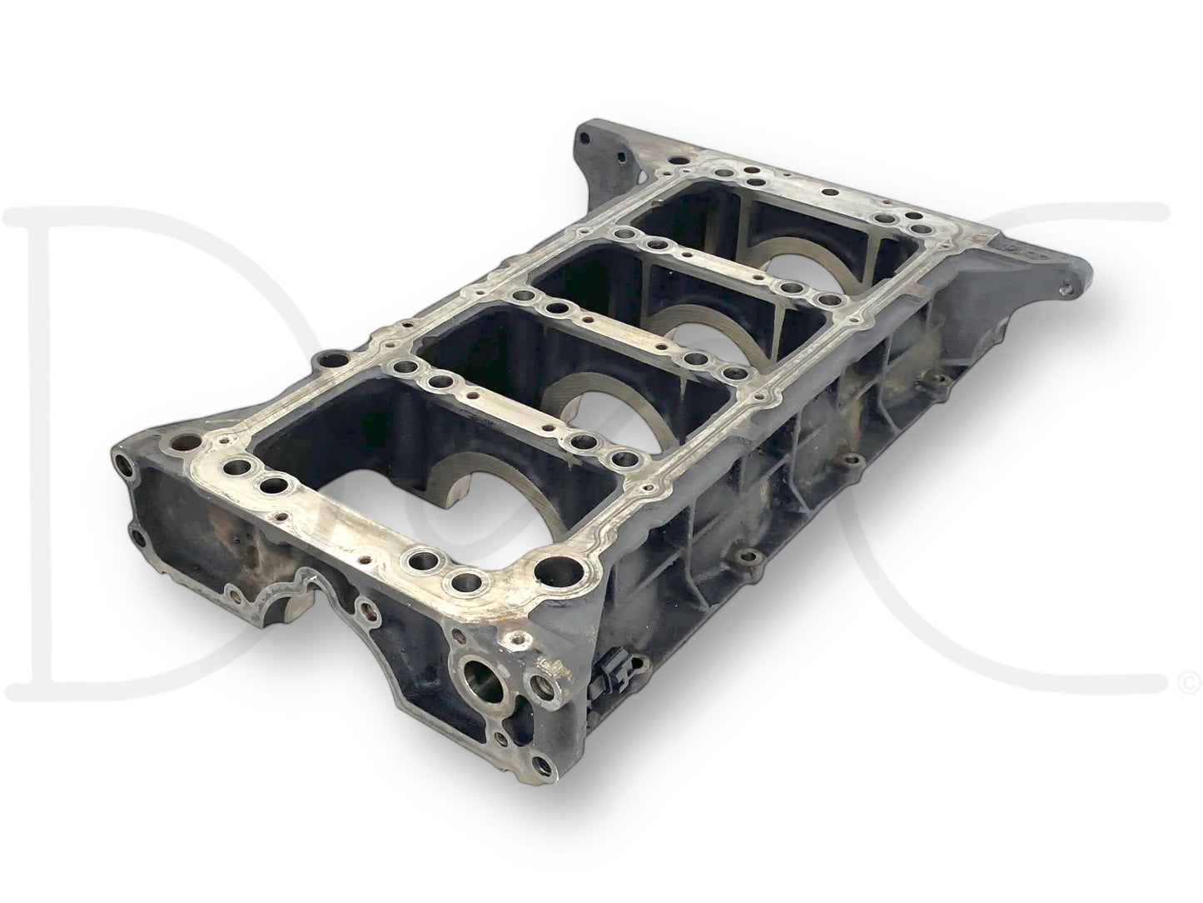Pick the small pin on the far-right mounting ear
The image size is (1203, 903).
click(1067, 290)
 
